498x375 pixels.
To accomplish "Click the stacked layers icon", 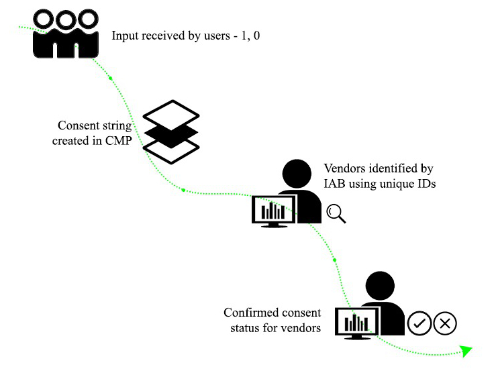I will [172, 131].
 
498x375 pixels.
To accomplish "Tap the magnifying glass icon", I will [336, 213].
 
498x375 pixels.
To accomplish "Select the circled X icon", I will [445, 323].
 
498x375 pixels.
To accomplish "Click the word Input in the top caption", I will [125, 35].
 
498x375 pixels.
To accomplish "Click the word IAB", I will [334, 183].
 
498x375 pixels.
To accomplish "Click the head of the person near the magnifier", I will [297, 174].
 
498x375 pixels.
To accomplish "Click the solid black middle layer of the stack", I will [172, 131].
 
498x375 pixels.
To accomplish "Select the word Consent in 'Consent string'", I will [77, 125].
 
